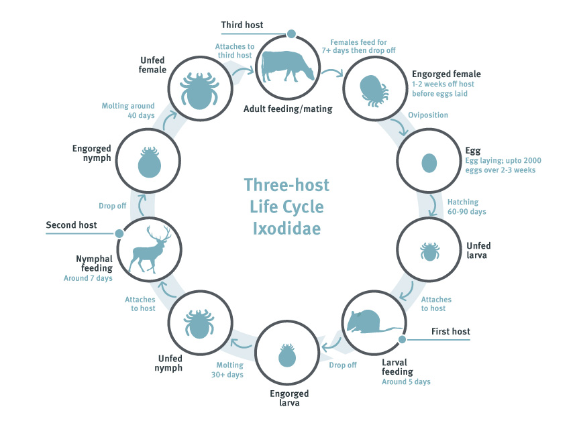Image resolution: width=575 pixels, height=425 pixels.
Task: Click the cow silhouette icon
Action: coord(286,66)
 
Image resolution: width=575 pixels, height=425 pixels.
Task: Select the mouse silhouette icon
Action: coord(370,322)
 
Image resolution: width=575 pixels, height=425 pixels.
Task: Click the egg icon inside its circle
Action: coord(429,162)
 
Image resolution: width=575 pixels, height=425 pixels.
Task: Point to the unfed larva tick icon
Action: coord(429,251)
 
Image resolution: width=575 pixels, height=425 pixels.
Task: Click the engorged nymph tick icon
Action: coord(149,162)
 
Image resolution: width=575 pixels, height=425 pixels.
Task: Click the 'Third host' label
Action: coord(242,25)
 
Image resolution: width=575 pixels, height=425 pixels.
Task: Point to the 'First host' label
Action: coord(450,331)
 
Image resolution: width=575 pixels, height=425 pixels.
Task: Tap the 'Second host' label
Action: coord(71,225)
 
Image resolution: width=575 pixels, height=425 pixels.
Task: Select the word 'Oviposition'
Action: coord(427,115)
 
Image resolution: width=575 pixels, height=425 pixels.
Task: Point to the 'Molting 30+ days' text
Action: coord(229,370)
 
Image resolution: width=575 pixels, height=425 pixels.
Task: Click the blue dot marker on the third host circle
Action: coord(291,34)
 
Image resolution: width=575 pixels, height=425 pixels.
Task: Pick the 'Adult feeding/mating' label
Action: coord(288,109)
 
